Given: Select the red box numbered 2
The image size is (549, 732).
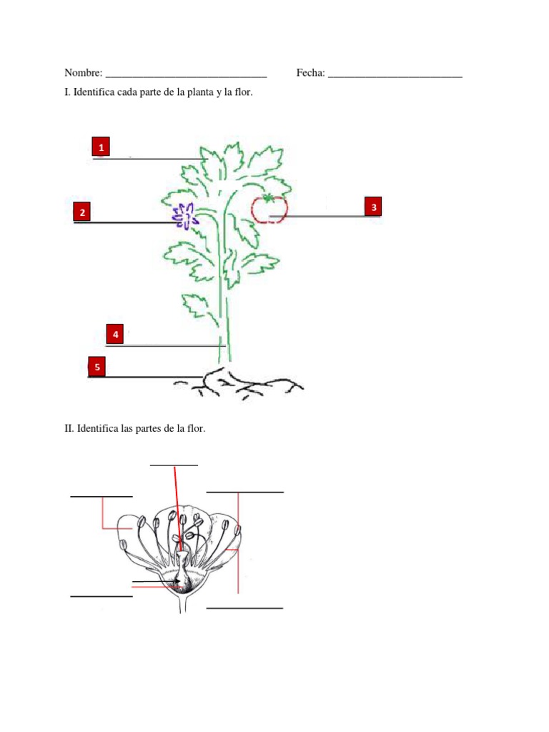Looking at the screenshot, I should tap(83, 212).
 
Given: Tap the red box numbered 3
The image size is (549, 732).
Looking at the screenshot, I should tap(373, 207).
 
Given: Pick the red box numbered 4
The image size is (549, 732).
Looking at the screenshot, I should tap(115, 334).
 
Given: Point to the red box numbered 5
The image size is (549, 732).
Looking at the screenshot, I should tap(97, 367).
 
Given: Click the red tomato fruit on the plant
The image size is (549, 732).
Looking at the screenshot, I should tap(269, 209).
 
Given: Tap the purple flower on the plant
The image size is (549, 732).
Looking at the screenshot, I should tap(184, 216).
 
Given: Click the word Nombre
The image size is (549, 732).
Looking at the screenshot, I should tap(83, 73).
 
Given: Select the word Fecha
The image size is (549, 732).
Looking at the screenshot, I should tap(310, 73).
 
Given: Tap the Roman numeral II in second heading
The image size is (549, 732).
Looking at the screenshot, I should tap(69, 429).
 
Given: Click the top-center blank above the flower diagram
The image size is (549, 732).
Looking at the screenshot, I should tap(174, 465).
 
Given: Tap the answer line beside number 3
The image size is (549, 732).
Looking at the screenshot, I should tap(325, 216).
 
